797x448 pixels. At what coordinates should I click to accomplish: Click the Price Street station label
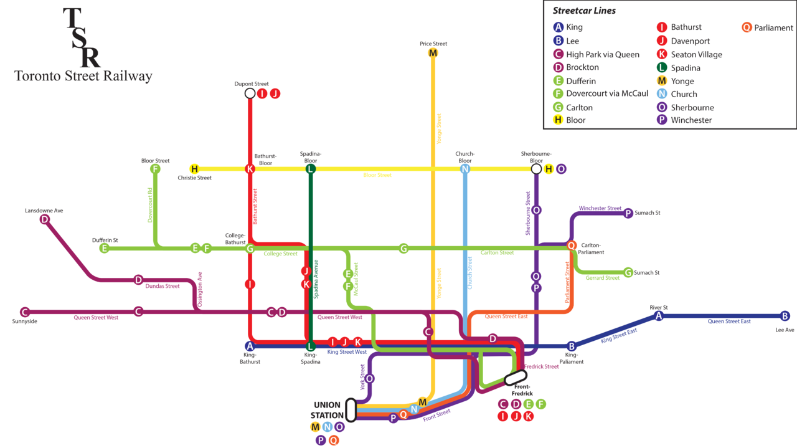click(433, 44)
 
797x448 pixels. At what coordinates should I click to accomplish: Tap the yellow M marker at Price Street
click(433, 53)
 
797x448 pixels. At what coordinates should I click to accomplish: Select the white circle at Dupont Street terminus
click(250, 93)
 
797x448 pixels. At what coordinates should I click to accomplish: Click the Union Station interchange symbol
click(351, 410)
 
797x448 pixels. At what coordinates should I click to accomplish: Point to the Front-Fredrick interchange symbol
click(516, 378)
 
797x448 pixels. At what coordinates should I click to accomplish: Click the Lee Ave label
click(785, 330)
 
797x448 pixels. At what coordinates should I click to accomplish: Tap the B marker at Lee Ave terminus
click(785, 316)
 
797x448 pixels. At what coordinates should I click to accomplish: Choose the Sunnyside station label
click(24, 322)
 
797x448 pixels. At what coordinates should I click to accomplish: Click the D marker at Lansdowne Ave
click(45, 219)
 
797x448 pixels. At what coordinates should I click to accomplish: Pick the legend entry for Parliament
click(768, 27)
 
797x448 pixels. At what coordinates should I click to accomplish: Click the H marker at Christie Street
click(194, 169)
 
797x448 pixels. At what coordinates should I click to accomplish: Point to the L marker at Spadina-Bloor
click(311, 169)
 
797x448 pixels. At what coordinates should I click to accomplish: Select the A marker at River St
click(659, 316)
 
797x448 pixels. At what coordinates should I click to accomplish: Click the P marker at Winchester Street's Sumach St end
click(628, 213)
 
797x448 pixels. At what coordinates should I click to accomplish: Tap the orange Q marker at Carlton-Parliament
click(572, 245)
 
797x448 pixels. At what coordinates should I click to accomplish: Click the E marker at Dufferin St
click(104, 248)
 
